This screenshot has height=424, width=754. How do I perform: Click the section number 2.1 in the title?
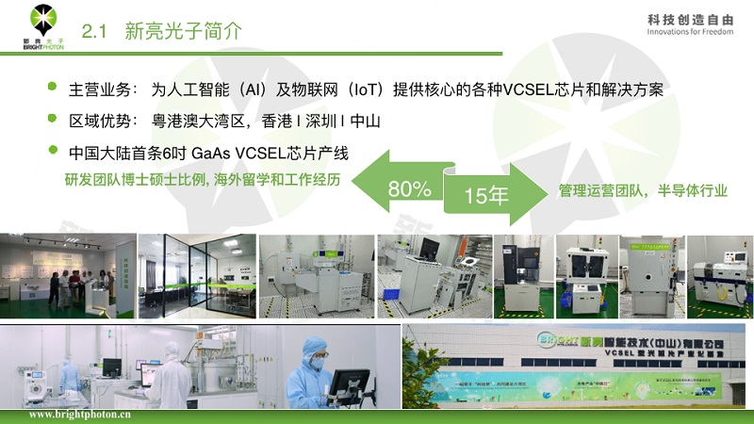click(96, 31)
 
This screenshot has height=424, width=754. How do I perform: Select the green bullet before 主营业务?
click(53, 89)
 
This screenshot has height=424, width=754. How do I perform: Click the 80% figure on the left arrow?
click(409, 188)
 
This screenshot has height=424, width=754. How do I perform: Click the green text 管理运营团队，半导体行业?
click(643, 190)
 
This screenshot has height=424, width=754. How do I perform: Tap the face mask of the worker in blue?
click(318, 363)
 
